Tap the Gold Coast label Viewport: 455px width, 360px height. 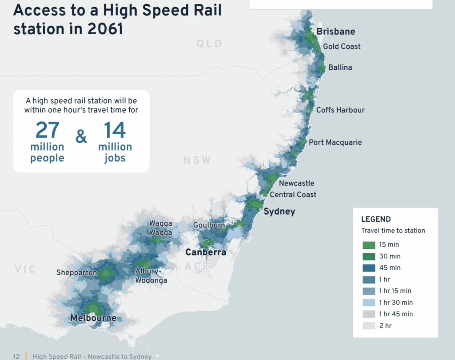point(342,46)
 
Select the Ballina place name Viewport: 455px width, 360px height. point(340,68)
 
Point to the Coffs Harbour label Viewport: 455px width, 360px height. point(340,110)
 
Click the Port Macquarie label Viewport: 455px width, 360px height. point(335,142)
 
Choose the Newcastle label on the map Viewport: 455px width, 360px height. point(296,183)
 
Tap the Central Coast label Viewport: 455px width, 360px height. point(293,195)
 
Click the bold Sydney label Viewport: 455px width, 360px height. point(279,212)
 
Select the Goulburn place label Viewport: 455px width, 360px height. point(209,225)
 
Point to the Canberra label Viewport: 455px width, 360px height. point(206,252)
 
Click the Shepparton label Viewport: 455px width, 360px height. point(76,272)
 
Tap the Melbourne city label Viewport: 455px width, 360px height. point(93,318)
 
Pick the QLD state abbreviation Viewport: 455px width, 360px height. point(209,44)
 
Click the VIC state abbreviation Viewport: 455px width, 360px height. point(25,269)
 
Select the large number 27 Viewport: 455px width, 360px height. point(47,130)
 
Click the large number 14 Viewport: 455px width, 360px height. point(115,130)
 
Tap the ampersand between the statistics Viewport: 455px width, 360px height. point(81,137)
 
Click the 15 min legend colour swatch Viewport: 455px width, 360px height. point(369,245)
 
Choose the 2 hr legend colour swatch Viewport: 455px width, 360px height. point(369,326)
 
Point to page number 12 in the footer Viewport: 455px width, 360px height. point(16,356)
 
